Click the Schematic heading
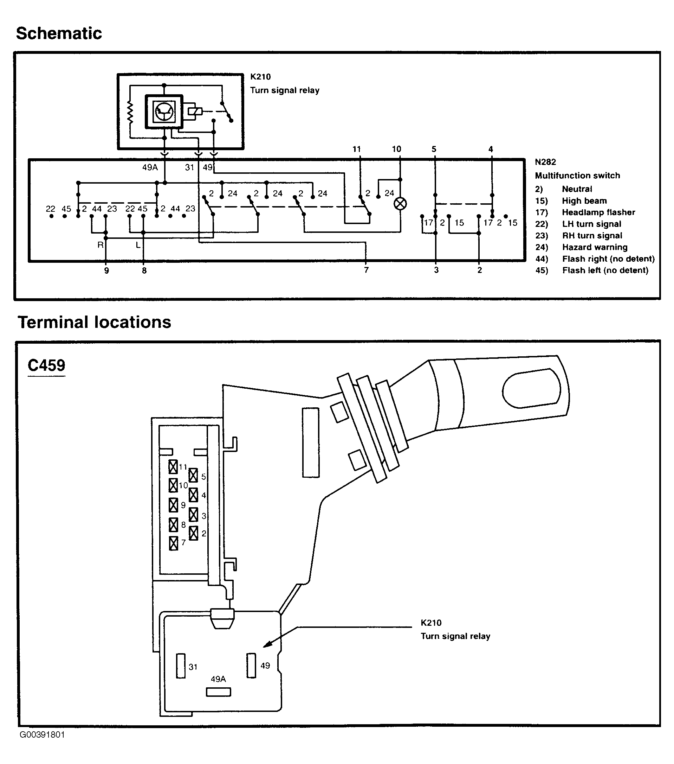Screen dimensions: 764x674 coord(59,34)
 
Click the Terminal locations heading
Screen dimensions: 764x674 coord(95,322)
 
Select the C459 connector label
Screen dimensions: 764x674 coord(46,365)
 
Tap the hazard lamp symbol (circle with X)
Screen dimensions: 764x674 coord(400,204)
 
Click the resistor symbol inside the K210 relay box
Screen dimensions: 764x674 coord(130,112)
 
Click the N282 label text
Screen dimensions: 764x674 coord(545,162)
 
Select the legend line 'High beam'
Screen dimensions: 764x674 coord(584,201)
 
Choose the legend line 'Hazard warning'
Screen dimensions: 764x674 coord(595,247)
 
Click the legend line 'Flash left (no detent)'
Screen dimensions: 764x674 coord(605,270)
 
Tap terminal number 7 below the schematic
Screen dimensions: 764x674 coord(366,270)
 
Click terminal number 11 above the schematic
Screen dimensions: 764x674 coord(357,149)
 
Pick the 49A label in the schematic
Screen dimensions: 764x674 coord(150,167)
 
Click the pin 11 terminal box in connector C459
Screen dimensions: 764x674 coord(173,467)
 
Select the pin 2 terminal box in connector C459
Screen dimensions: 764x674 coord(193,533)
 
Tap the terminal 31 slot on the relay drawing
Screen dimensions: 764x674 coord(181,666)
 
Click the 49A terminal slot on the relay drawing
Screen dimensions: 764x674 coord(219,692)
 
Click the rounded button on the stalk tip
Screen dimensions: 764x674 coord(531,388)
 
